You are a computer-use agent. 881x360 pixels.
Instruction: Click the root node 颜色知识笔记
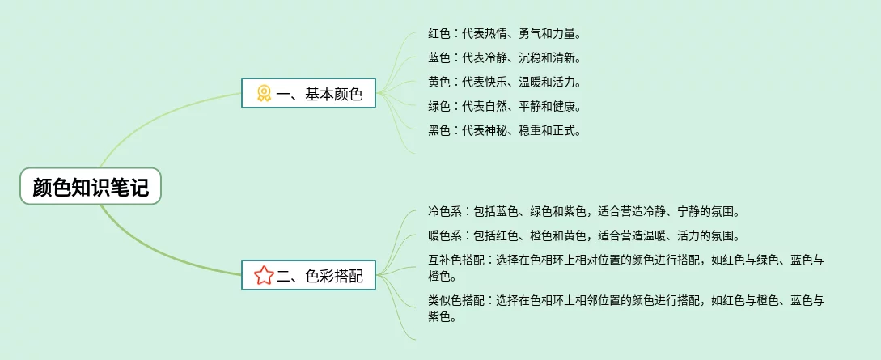point(91,186)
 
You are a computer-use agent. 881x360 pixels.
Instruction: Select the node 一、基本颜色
point(308,94)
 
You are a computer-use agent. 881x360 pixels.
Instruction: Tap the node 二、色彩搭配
point(308,276)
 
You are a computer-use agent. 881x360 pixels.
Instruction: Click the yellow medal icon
point(264,94)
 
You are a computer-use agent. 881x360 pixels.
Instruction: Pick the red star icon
point(264,276)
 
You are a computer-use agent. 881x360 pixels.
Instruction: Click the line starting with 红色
point(505,34)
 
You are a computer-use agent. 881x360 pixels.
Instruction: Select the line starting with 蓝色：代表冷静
point(505,57)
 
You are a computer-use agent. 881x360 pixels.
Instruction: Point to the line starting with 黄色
point(505,82)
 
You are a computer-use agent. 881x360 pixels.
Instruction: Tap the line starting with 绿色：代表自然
point(505,106)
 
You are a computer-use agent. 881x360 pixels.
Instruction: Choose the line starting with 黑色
point(505,129)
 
